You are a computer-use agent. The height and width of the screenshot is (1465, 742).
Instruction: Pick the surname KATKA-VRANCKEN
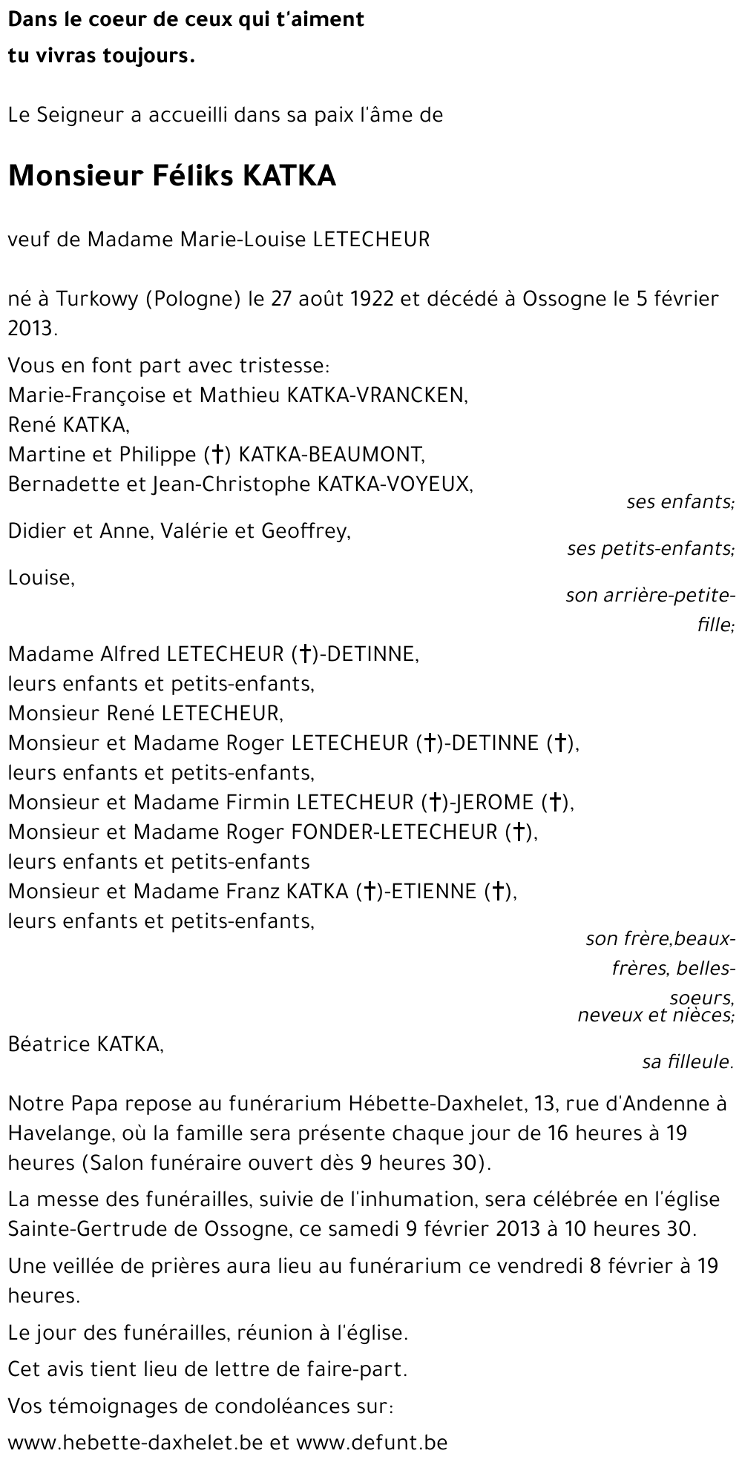376,395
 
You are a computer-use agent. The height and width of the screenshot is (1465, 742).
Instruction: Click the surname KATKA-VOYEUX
394,484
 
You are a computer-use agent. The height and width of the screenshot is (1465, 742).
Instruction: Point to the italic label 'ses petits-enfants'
650,549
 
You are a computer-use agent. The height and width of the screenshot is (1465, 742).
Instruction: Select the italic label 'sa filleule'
687,1062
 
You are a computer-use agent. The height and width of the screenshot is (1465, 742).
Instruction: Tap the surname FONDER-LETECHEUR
393,832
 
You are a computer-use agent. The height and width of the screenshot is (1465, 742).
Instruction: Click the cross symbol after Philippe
218,454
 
